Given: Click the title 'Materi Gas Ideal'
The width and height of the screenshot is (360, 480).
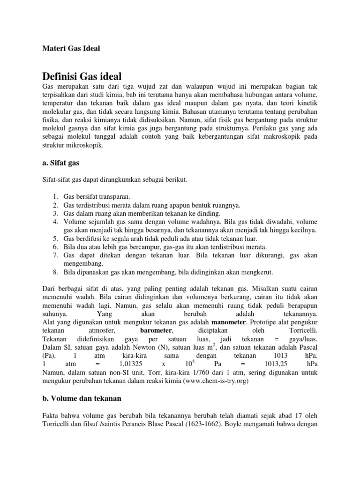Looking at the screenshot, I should click(71, 48).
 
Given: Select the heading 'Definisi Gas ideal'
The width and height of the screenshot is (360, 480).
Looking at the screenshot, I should click(82, 76).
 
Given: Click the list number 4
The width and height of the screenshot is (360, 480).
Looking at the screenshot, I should click(55, 222).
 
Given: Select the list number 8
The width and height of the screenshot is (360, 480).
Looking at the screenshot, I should click(55, 272).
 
